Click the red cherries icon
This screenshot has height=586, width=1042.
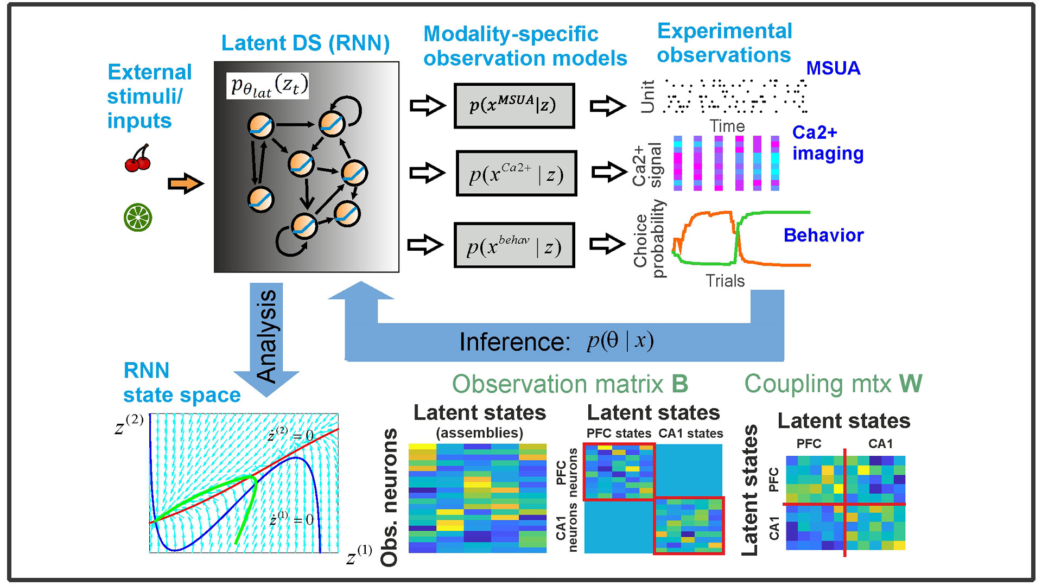click(x=138, y=158)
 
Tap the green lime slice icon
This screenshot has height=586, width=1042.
click(x=138, y=218)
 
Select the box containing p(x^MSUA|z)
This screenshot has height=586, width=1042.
click(x=514, y=105)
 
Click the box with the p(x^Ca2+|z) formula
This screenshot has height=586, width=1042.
click(x=516, y=174)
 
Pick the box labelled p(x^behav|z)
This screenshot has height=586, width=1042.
click(x=514, y=245)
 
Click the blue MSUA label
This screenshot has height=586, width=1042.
click(x=833, y=68)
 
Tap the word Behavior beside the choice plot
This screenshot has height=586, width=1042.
click(x=823, y=235)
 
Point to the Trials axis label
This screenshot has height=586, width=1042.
click(x=725, y=281)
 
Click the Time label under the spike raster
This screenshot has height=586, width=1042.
click(x=727, y=126)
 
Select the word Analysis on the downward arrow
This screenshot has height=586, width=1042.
click(x=266, y=336)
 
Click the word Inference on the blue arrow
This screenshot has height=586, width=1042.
click(x=514, y=342)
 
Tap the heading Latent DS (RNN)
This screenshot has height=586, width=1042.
click(x=306, y=43)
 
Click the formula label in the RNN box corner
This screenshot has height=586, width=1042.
click(x=268, y=86)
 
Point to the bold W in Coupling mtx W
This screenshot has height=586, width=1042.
click(x=911, y=384)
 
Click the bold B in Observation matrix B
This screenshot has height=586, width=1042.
click(x=680, y=384)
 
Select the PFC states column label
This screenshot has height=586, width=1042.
click(x=619, y=434)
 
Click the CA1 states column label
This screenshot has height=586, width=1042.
click(x=691, y=434)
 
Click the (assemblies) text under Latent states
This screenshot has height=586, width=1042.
click(x=480, y=433)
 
